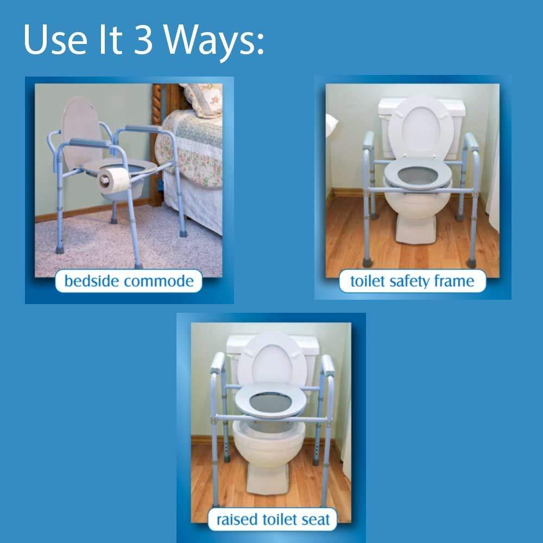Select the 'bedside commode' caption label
(x=129, y=281)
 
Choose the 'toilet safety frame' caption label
(x=412, y=281)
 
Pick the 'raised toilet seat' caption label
(x=273, y=519)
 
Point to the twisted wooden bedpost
(x=157, y=136)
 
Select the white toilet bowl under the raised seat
(x=269, y=445)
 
